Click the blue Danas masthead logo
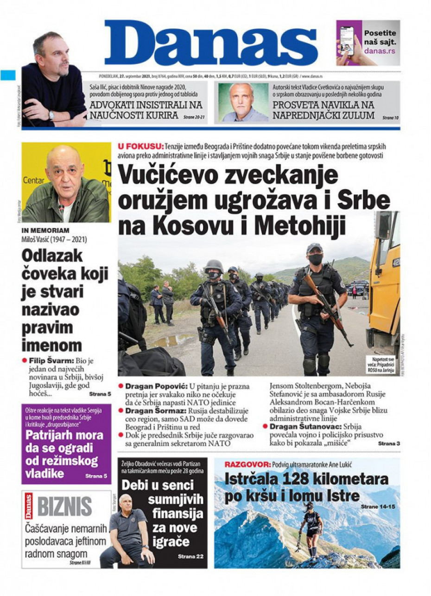pyautogui.click(x=211, y=44)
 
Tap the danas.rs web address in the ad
pyautogui.click(x=380, y=51)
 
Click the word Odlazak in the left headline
pyautogui.click(x=51, y=256)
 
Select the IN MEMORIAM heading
pyautogui.click(x=45, y=230)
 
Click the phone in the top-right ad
pyautogui.click(x=347, y=41)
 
